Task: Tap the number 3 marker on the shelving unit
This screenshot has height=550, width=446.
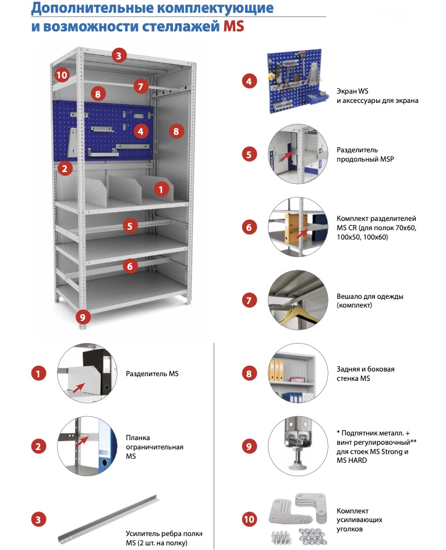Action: (118, 56)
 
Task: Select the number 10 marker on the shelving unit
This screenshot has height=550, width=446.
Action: (62, 74)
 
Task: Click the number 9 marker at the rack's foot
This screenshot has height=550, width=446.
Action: (83, 317)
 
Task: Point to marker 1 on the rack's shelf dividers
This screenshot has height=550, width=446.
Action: (161, 188)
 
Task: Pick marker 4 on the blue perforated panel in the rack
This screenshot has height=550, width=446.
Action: (140, 131)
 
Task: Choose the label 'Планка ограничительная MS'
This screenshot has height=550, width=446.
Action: (154, 447)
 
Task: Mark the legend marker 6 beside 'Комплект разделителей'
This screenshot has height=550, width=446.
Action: (249, 227)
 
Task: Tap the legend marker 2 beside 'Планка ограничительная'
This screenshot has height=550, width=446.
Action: (38, 447)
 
